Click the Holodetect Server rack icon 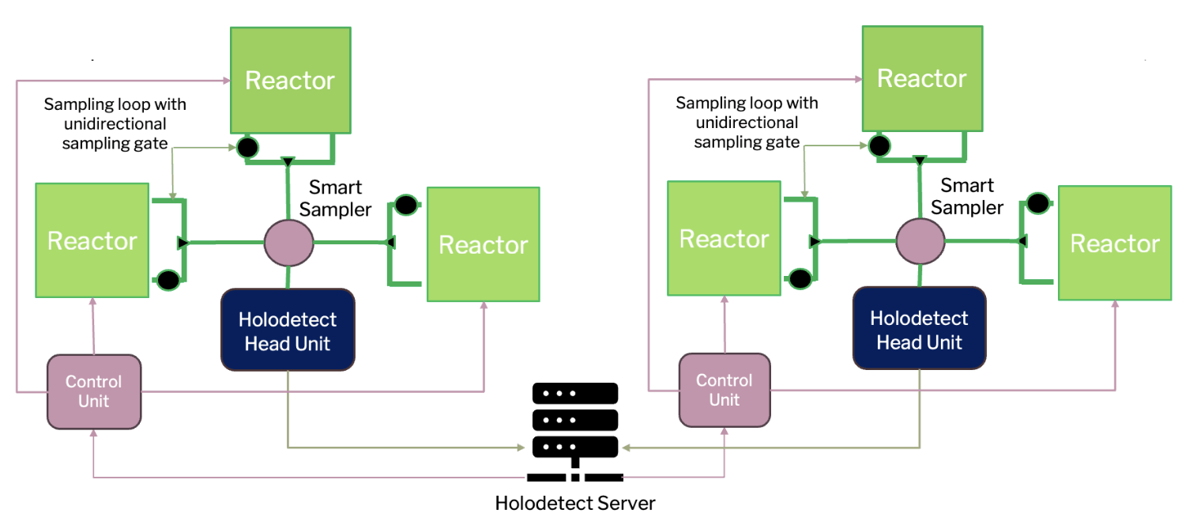click(574, 431)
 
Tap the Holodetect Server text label click(574, 503)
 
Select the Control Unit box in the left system click(94, 391)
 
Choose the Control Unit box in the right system click(725, 390)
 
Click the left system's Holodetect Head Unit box click(288, 330)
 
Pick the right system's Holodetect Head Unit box click(920, 330)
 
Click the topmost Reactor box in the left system click(290, 80)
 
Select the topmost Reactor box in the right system click(922, 78)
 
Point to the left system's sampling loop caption click(115, 123)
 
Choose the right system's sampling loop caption click(747, 122)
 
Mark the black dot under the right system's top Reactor click(879, 145)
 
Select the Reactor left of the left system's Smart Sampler click(92, 240)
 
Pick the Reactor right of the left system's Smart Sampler click(483, 244)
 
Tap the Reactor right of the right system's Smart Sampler click(1115, 243)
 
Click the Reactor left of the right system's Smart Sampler click(725, 239)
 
